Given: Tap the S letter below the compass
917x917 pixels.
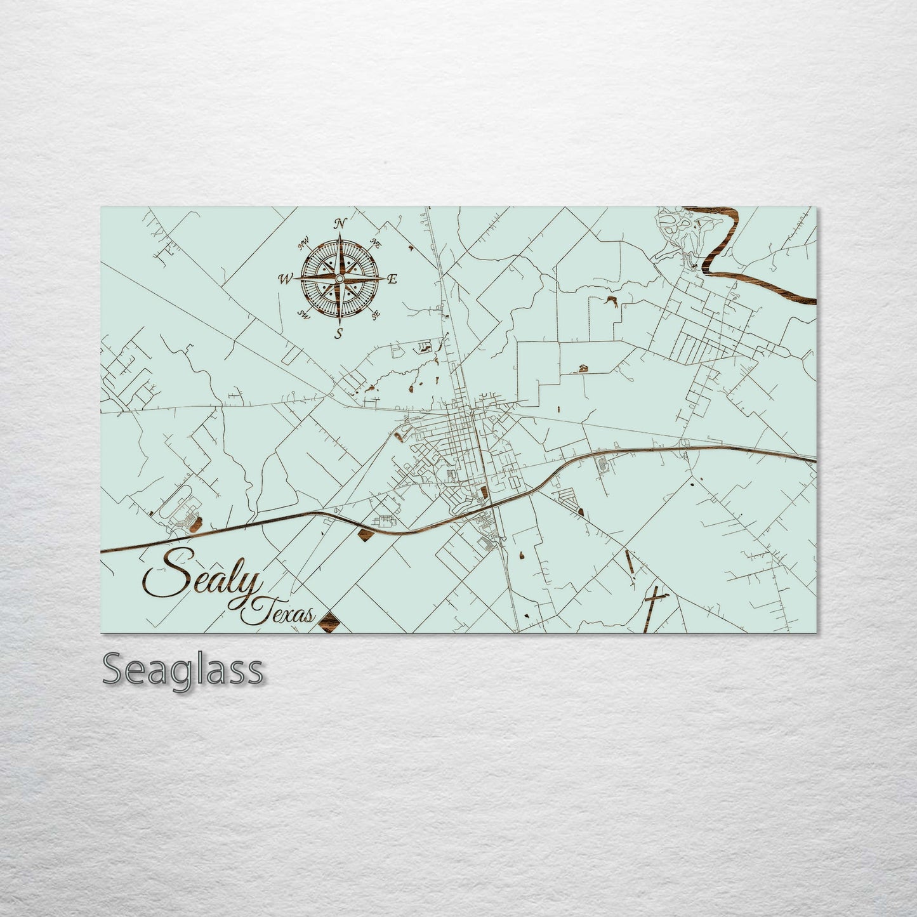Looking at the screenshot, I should click(x=340, y=333).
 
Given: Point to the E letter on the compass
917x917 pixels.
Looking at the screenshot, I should click(x=392, y=279).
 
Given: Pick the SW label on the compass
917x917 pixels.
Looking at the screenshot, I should click(x=303, y=314).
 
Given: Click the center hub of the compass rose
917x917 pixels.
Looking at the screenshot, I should click(x=340, y=279).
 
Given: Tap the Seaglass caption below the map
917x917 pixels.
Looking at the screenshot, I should click(x=182, y=670).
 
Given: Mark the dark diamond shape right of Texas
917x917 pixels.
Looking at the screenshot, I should click(x=328, y=621).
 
